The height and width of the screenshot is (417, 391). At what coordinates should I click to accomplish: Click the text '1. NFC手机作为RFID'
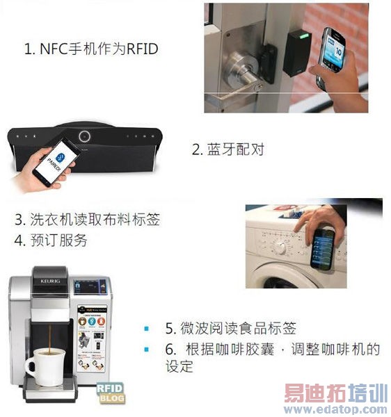pos(91,49)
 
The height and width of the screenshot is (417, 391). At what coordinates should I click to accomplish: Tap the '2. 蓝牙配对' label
pos(228,149)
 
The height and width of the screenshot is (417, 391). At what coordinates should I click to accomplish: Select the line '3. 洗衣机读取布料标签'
pos(88,220)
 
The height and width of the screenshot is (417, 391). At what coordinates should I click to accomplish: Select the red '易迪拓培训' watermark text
pos(334,393)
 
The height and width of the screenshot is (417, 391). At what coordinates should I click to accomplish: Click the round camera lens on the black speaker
pos(85,136)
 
